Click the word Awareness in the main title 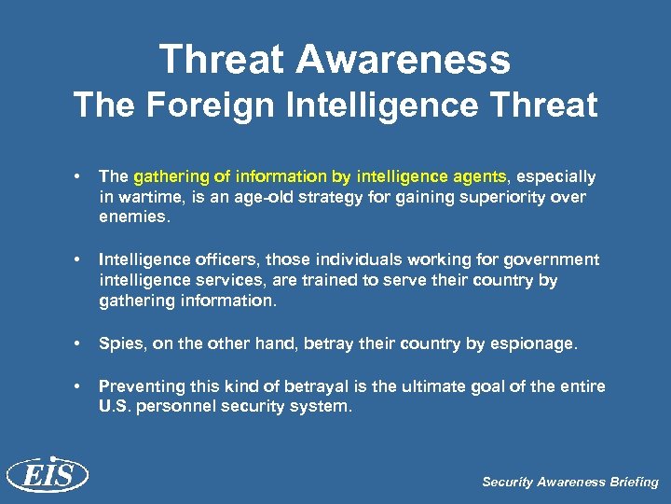[x=404, y=60]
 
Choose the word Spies [x=121, y=343]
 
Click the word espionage [x=527, y=343]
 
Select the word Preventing [x=142, y=386]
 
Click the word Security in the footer [x=508, y=483]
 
